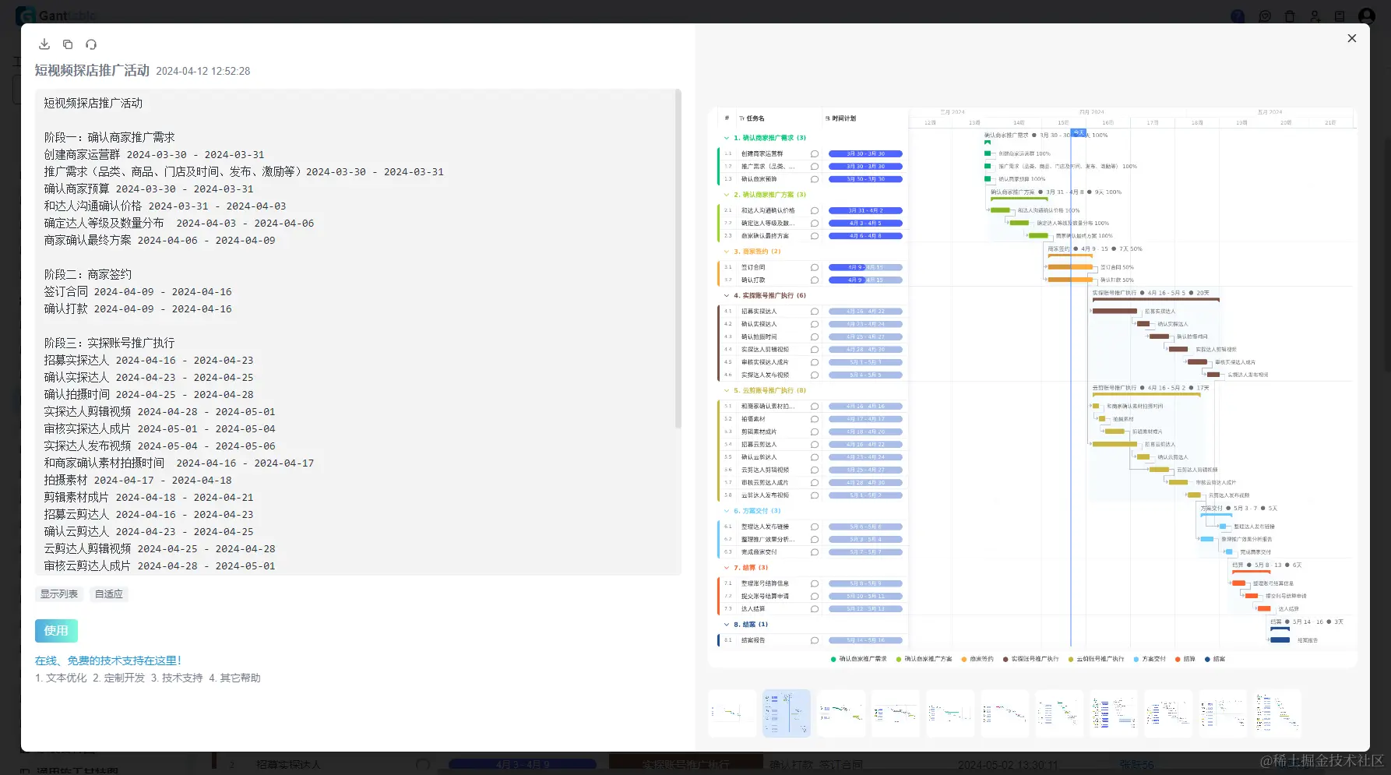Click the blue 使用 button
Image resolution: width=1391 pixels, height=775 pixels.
(x=56, y=631)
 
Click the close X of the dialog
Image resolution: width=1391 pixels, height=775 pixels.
(x=1352, y=38)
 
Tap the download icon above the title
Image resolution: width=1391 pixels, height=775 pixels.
(x=44, y=44)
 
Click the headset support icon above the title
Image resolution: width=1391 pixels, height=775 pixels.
(x=91, y=44)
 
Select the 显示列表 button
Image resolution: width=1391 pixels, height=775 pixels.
(x=59, y=594)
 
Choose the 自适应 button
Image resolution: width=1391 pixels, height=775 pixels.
(x=109, y=594)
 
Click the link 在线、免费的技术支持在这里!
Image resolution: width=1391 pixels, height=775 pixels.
(x=108, y=661)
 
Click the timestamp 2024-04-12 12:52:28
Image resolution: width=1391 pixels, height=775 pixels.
(x=203, y=71)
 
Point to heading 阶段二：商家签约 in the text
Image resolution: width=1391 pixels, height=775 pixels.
(x=88, y=274)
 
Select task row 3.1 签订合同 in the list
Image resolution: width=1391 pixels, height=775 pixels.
(x=753, y=267)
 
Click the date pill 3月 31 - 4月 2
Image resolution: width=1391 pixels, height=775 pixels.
(x=865, y=210)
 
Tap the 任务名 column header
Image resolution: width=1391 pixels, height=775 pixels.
(x=755, y=118)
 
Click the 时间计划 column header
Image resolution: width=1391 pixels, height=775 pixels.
(x=843, y=118)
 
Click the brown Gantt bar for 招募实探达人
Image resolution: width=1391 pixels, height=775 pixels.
(x=1115, y=312)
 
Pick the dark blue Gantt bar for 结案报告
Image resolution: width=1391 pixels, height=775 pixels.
(x=1280, y=640)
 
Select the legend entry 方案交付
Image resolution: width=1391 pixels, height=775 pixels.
(x=1153, y=659)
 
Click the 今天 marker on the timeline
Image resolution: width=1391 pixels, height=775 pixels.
(x=1079, y=133)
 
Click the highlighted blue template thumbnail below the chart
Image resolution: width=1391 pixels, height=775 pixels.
(x=787, y=713)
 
